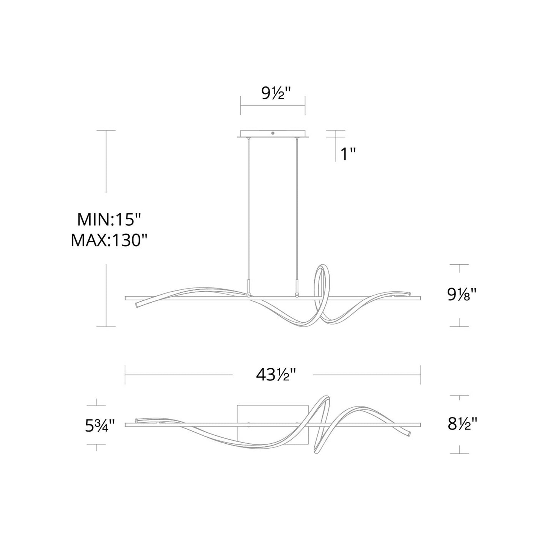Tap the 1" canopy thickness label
click(347, 154)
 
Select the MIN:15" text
click(109, 220)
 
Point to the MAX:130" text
click(109, 240)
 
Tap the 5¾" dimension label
click(100, 426)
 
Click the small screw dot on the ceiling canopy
click(273, 133)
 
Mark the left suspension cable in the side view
click(249, 209)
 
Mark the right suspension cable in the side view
click(297, 209)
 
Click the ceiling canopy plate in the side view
click(273, 135)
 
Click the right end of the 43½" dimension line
click(420, 375)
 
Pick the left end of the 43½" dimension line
click(126, 375)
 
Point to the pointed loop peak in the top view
click(326, 397)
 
